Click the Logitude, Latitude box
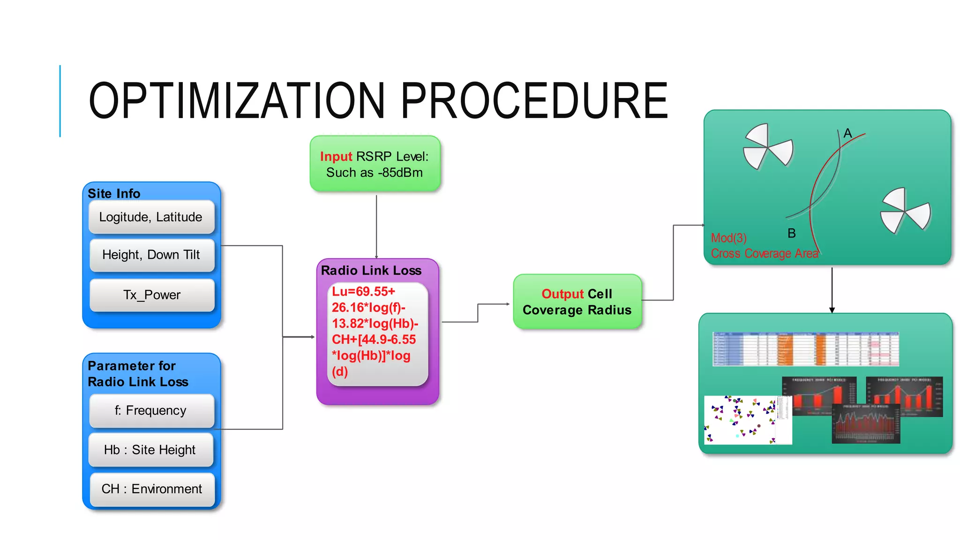click(x=151, y=217)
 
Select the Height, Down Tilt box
click(x=151, y=255)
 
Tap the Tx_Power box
click(x=151, y=295)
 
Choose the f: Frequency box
click(x=151, y=411)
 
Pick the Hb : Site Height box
click(x=150, y=450)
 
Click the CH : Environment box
click(x=151, y=489)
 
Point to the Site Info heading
click(x=114, y=194)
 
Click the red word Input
click(x=336, y=157)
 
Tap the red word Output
click(x=562, y=294)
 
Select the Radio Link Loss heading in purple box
click(x=371, y=270)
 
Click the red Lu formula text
click(x=374, y=331)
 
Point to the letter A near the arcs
click(x=847, y=133)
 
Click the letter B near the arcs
click(x=792, y=233)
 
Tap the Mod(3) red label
click(x=728, y=238)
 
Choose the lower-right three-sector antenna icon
click(x=905, y=210)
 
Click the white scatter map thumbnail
click(x=747, y=420)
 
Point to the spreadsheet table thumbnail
click(x=805, y=349)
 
